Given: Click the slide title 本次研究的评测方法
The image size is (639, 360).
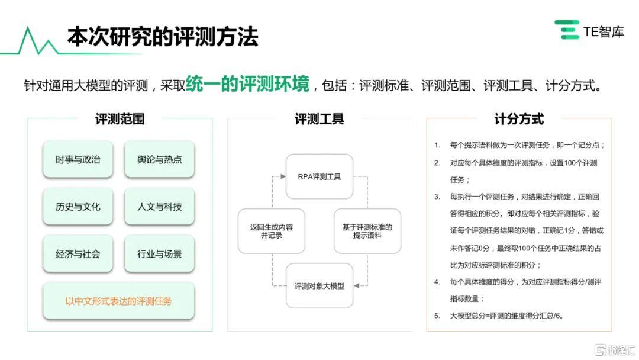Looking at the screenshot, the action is (163, 37).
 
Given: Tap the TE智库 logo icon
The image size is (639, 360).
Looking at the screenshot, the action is (567, 30).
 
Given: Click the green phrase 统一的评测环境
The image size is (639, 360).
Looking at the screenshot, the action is (247, 84).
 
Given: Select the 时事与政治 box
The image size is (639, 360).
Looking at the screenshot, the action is (78, 159).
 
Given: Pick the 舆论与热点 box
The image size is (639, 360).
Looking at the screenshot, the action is (159, 159).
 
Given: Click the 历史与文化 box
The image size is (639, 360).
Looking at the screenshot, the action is (78, 207).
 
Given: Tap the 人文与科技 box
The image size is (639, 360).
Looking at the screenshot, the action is (159, 207).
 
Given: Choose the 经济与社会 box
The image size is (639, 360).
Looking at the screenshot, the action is (78, 254).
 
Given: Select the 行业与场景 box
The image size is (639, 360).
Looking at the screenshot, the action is (159, 254).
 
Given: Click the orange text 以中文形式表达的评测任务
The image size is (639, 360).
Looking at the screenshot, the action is (118, 301).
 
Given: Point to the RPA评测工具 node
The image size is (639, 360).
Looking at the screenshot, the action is (319, 176).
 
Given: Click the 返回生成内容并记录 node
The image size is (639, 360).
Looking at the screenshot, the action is (272, 231).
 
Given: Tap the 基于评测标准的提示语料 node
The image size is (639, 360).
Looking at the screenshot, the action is (367, 231).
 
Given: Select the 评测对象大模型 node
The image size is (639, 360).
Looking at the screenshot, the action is (319, 286).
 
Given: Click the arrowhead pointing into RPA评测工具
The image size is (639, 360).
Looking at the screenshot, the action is (283, 176).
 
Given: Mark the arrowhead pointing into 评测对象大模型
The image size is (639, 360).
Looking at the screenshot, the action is (356, 286).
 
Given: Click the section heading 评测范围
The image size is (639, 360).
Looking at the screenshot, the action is (120, 119).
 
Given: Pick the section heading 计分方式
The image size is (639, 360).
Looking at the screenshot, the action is (519, 119).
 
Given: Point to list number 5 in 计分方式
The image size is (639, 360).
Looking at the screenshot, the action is (437, 316).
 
